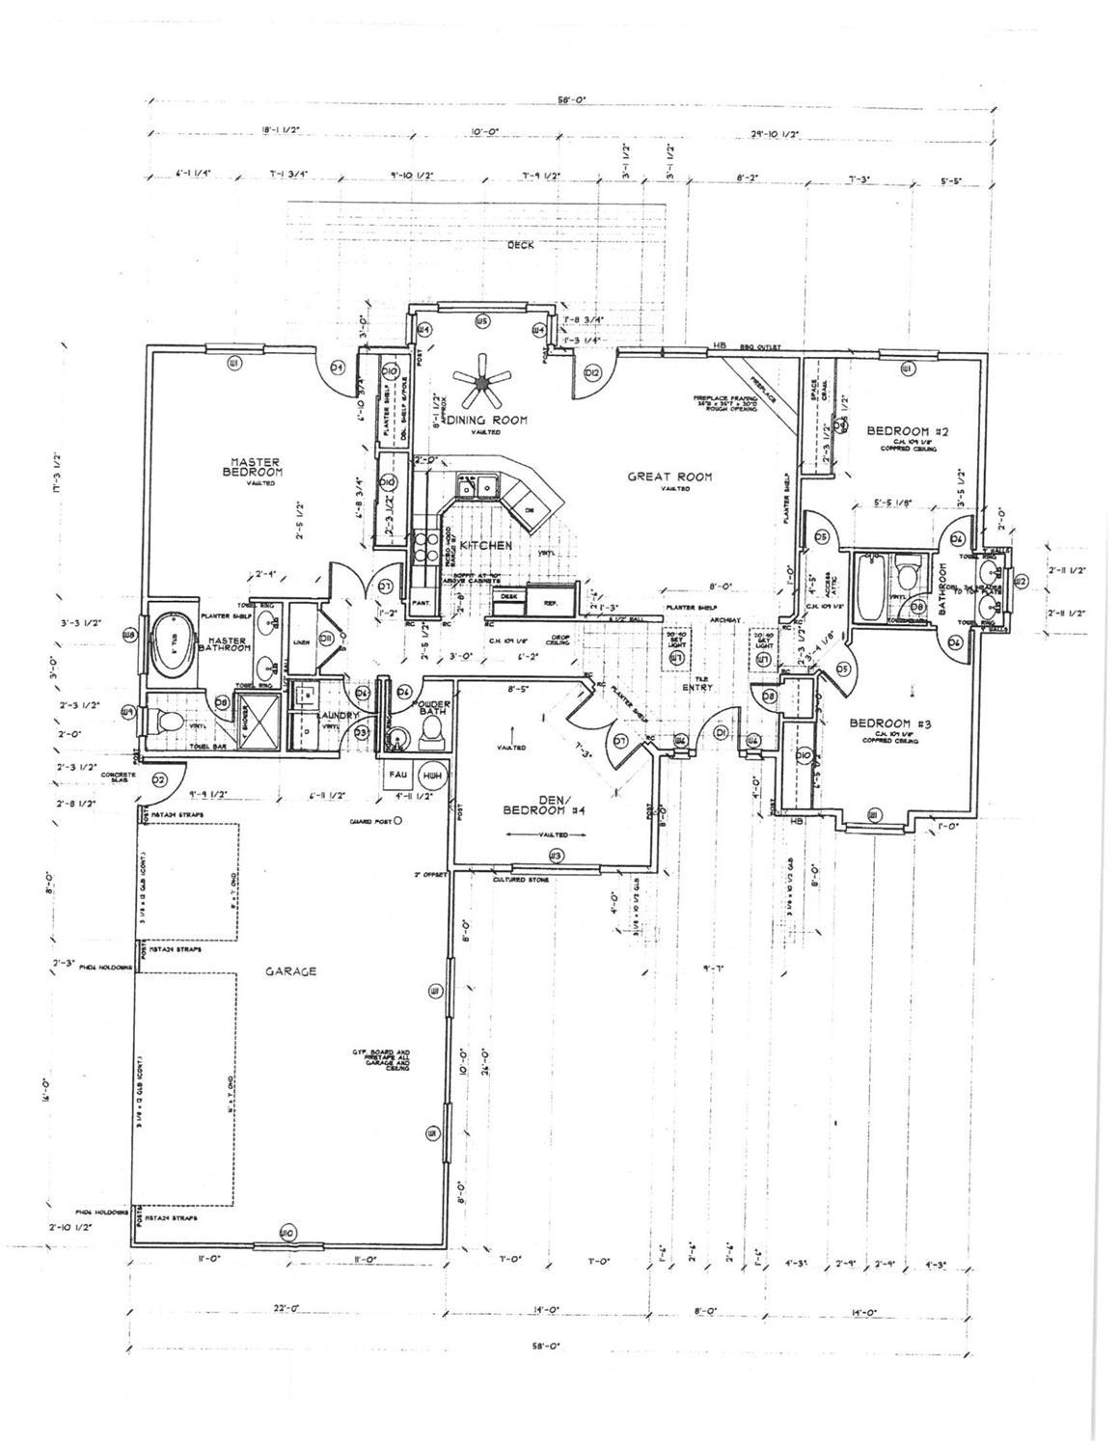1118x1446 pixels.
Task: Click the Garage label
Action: (291, 971)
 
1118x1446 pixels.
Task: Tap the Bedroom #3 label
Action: (888, 723)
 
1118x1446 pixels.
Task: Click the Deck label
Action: (521, 246)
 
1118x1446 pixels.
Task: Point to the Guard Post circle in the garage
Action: (397, 821)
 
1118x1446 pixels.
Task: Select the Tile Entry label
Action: (697, 683)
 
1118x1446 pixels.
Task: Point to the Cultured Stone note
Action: (521, 880)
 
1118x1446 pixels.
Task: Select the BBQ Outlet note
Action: (759, 347)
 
